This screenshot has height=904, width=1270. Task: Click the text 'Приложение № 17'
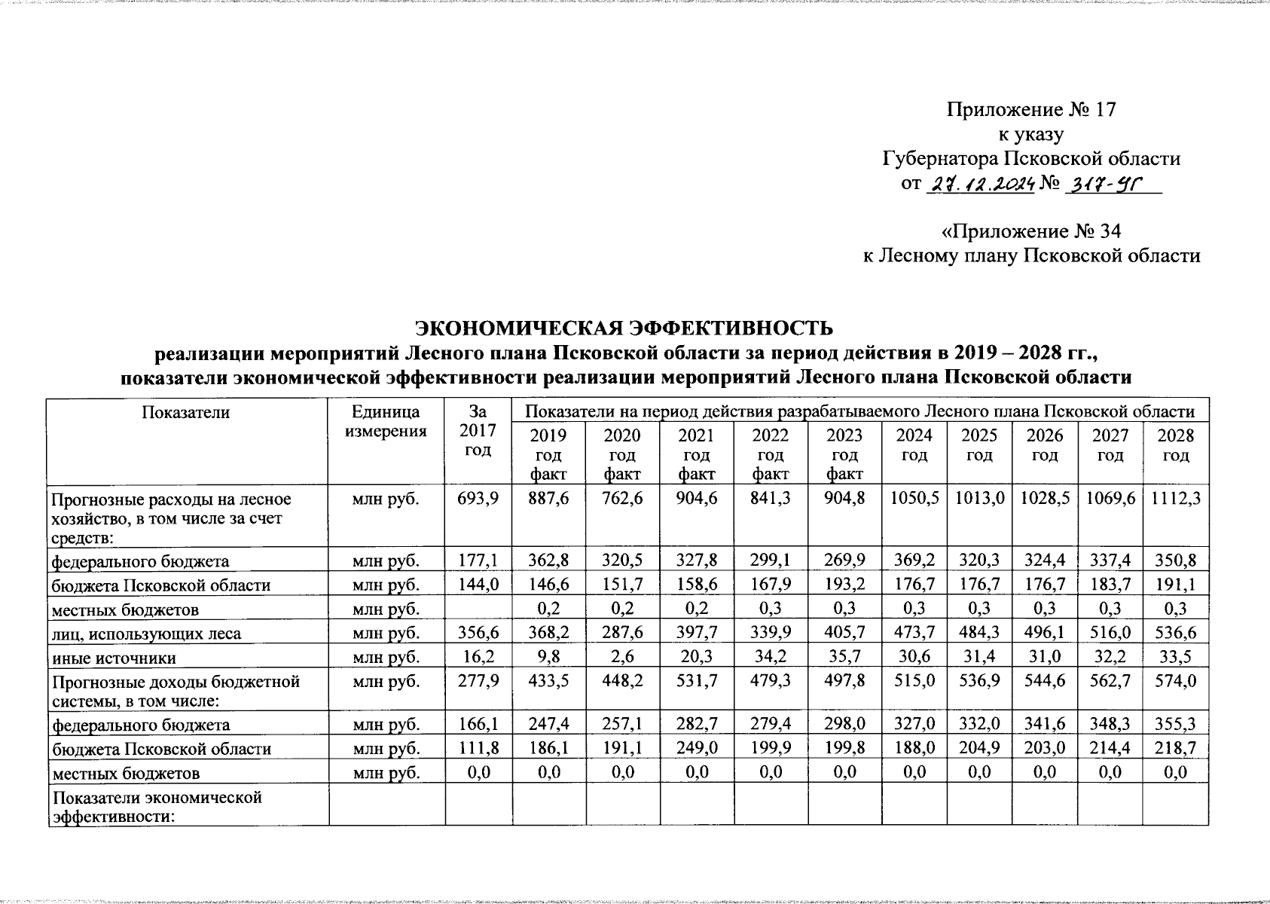(1030, 110)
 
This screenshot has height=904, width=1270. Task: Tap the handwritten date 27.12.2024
(979, 184)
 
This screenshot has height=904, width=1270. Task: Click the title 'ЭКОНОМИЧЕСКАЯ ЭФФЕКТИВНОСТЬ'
(625, 328)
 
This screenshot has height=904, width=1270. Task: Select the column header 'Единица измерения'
(386, 422)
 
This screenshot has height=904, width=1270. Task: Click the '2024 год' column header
(914, 445)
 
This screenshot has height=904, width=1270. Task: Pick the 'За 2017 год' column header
(478, 431)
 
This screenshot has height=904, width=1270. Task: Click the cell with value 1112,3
(1175, 499)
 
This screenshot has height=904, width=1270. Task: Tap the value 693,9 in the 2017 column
(478, 499)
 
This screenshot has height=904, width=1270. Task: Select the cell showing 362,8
(548, 560)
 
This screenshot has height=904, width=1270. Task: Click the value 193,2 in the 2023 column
(844, 585)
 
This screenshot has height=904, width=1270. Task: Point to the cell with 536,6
(1175, 634)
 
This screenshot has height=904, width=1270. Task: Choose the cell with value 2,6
(622, 658)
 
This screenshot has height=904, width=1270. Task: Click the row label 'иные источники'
(113, 658)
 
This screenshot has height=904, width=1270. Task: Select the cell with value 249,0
(696, 749)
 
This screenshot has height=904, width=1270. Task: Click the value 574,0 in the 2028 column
(1175, 682)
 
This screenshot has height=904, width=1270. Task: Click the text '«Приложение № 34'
(1030, 231)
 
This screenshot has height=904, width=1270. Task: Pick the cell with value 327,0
(914, 725)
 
